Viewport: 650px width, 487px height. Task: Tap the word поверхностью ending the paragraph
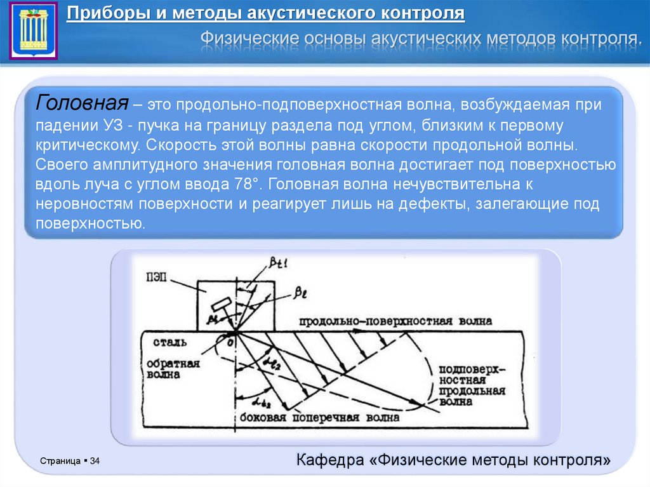(91, 224)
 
